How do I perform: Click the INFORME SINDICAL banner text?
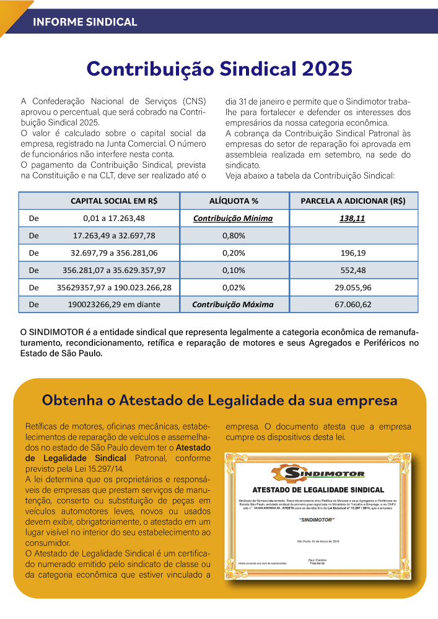tap(85, 22)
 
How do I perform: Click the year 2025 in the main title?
tap(325, 68)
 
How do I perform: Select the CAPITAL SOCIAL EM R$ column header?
tap(113, 201)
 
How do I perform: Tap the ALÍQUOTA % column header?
tap(234, 201)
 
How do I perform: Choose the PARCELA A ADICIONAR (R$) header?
tap(353, 201)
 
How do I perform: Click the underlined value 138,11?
tap(353, 219)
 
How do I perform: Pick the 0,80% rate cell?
tap(234, 236)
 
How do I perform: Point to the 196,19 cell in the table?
tap(353, 253)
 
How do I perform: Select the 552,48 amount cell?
tap(353, 270)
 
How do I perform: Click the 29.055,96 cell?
tap(353, 287)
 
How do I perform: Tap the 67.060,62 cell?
tap(353, 305)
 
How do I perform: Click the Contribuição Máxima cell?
tap(232, 305)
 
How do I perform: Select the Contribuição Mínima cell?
tap(233, 219)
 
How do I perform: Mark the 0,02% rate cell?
tap(234, 287)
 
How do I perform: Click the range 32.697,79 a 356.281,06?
tap(114, 253)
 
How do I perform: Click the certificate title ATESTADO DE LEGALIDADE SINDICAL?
tap(318, 490)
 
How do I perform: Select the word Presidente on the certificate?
tap(317, 563)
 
